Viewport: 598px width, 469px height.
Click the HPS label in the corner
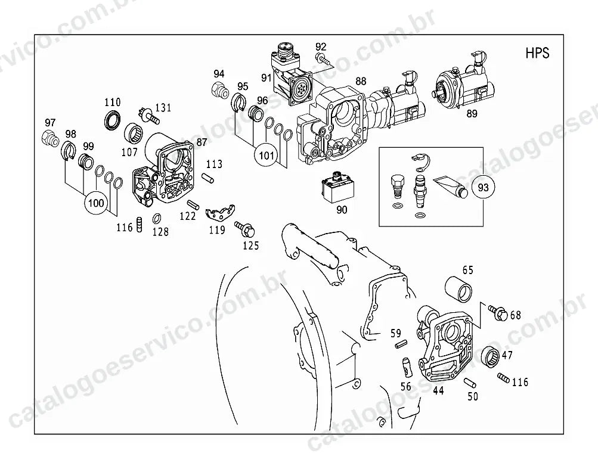pos(537,53)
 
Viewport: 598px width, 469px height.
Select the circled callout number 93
pos(483,188)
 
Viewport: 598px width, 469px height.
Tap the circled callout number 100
pos(96,203)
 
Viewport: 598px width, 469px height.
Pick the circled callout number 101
pos(266,156)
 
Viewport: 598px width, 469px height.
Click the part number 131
pos(163,108)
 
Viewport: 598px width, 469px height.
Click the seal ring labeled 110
pos(113,120)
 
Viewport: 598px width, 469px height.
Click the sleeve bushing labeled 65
pos(459,290)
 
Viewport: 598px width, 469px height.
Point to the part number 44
pos(438,390)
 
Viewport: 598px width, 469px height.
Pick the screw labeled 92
pos(322,59)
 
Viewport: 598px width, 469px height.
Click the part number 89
pos(472,114)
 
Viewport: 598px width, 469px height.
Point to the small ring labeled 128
pos(157,219)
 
